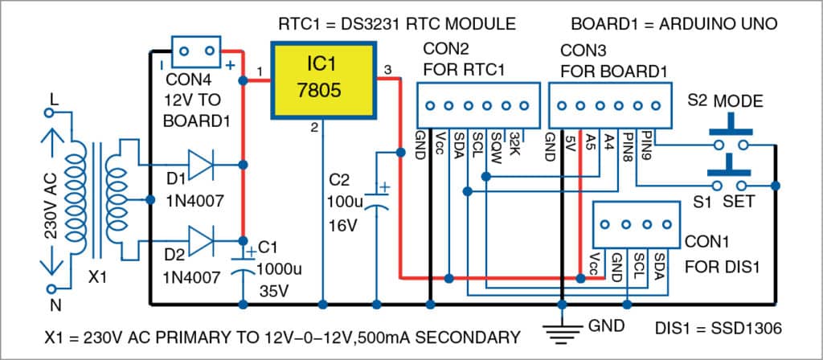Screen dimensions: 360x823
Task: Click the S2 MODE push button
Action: [x=730, y=133]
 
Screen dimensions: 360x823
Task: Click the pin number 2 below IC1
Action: [x=315, y=126]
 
